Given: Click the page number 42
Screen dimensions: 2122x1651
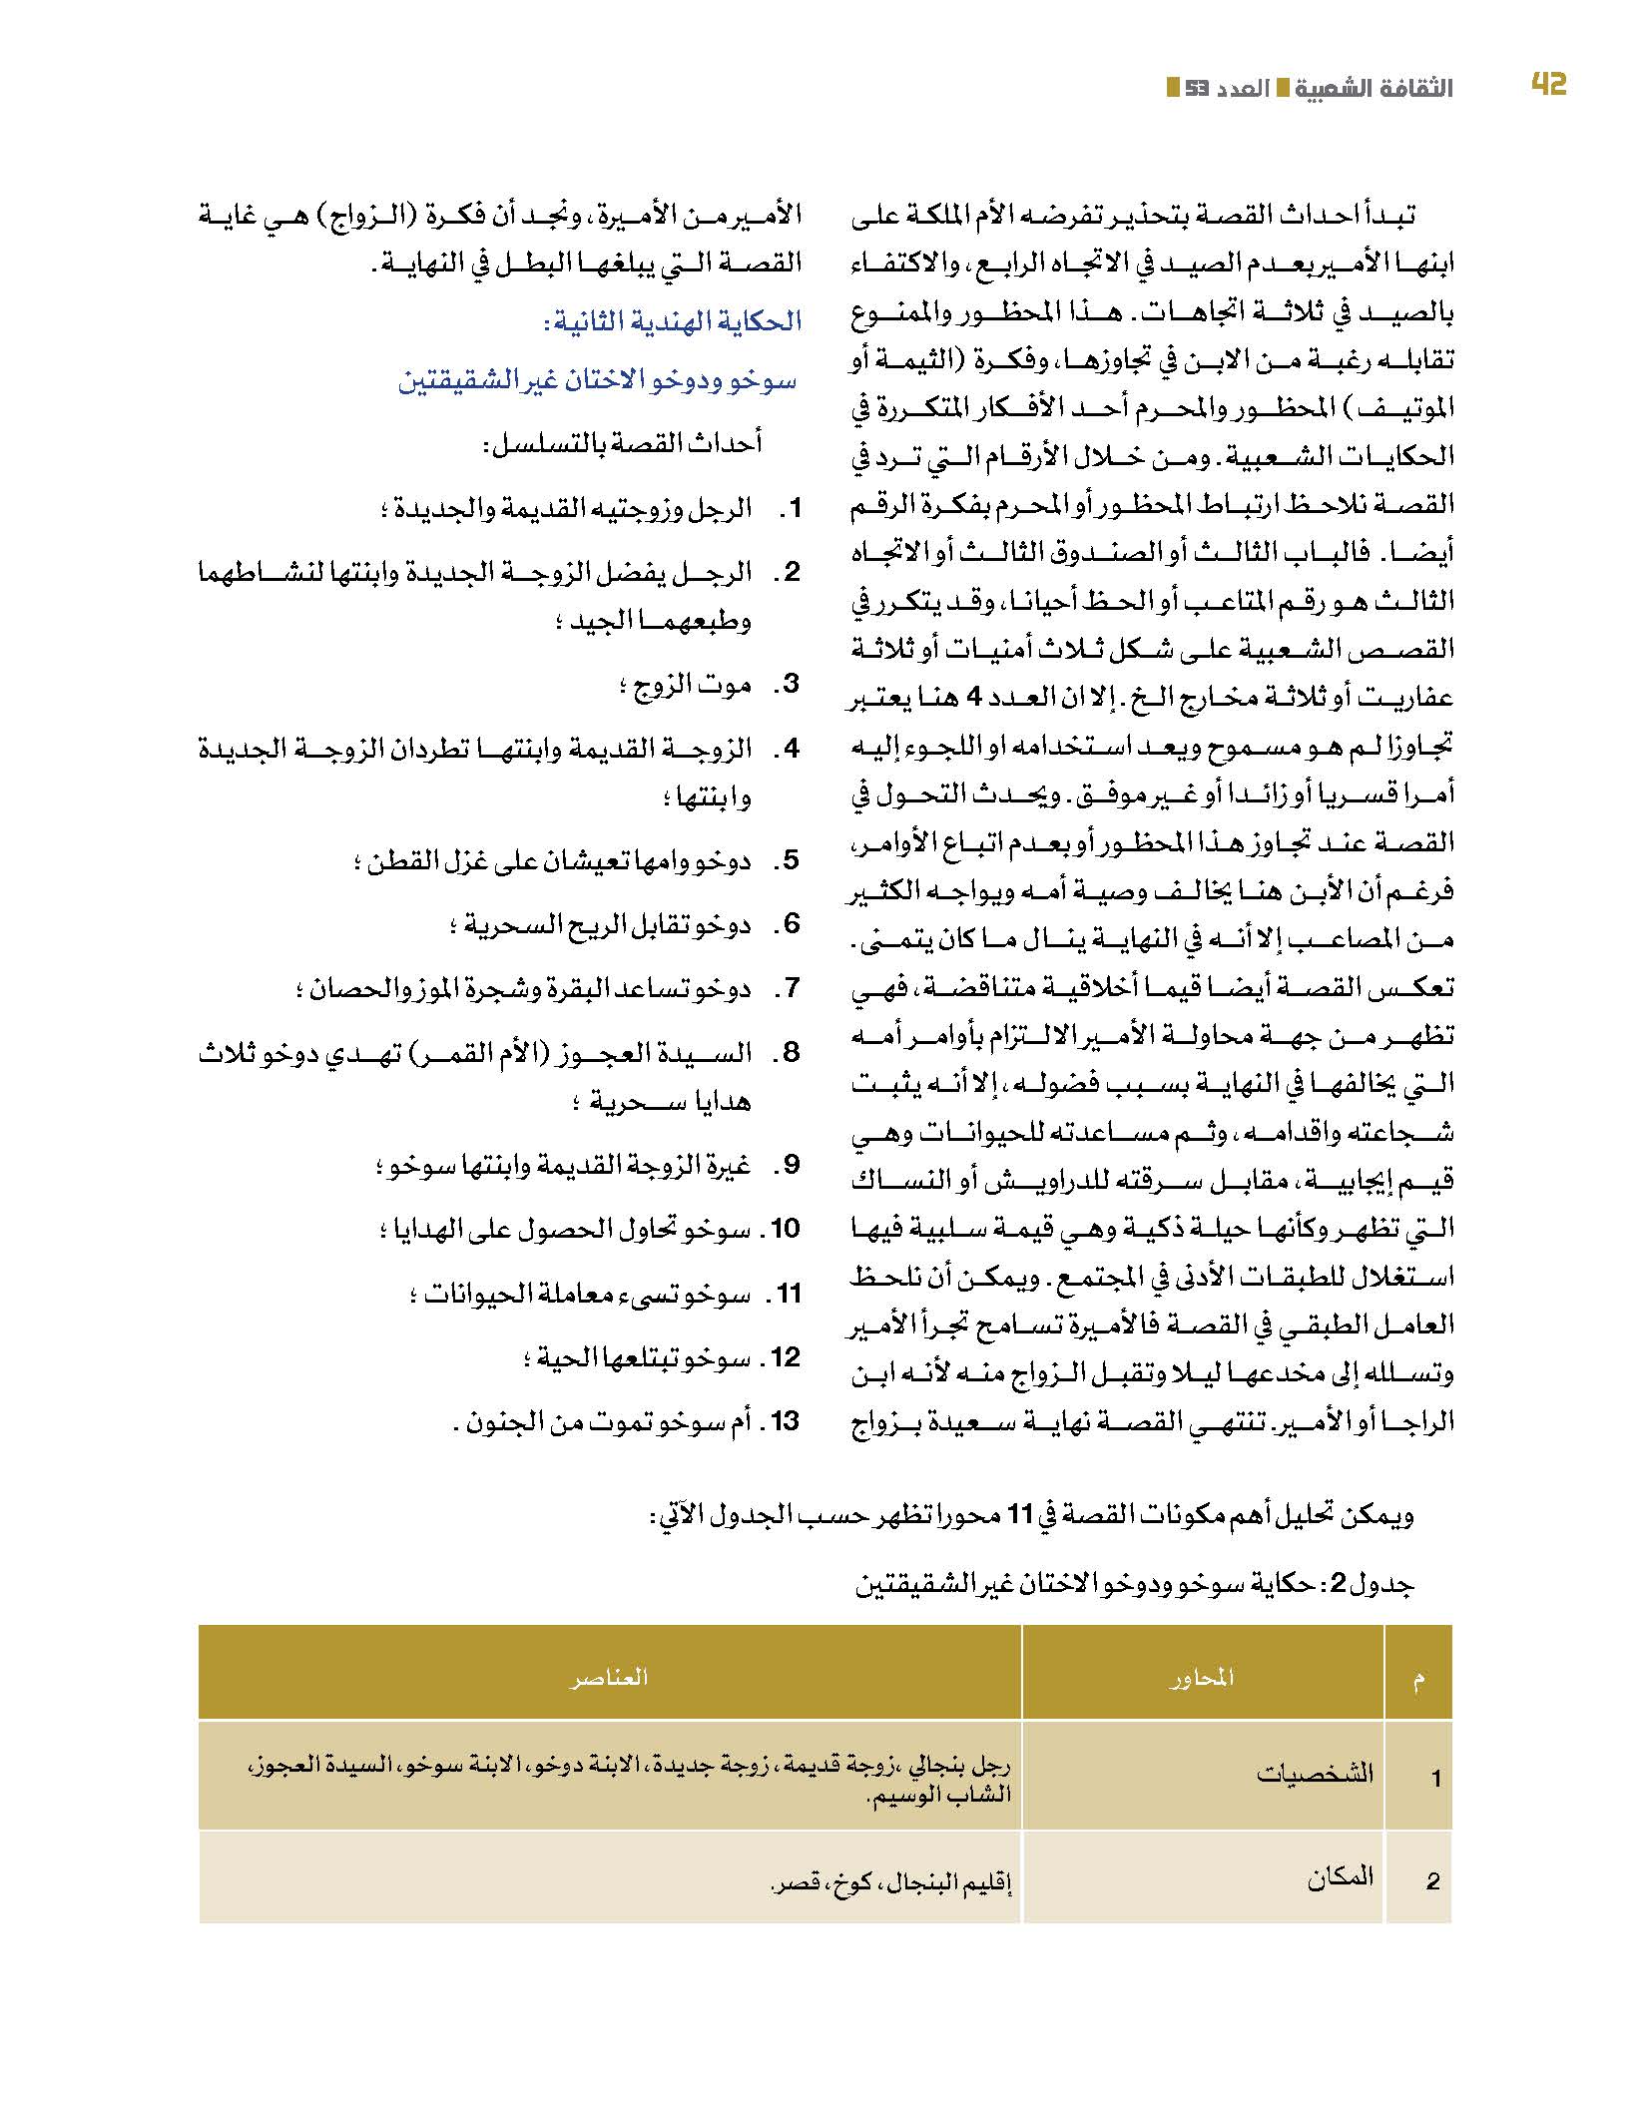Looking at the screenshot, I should point(1548,86).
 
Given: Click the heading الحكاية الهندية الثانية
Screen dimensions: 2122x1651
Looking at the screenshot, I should point(672,321).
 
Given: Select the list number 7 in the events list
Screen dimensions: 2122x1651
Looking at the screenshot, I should point(790,989).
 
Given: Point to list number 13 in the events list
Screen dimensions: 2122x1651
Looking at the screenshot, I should point(785,1420).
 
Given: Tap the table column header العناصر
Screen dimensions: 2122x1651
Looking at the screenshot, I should point(609,1677).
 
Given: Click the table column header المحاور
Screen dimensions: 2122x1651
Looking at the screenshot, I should point(1202,1678).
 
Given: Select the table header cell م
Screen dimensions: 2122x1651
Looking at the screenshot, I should point(1417,1678).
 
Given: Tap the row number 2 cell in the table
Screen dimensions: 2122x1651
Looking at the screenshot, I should point(1433,1880).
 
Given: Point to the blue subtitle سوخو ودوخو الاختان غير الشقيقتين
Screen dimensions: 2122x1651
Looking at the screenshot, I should point(597,381).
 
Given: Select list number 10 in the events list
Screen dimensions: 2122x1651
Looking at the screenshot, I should point(785,1229).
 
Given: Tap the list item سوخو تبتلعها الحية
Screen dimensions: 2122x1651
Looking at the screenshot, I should point(637,1357).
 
